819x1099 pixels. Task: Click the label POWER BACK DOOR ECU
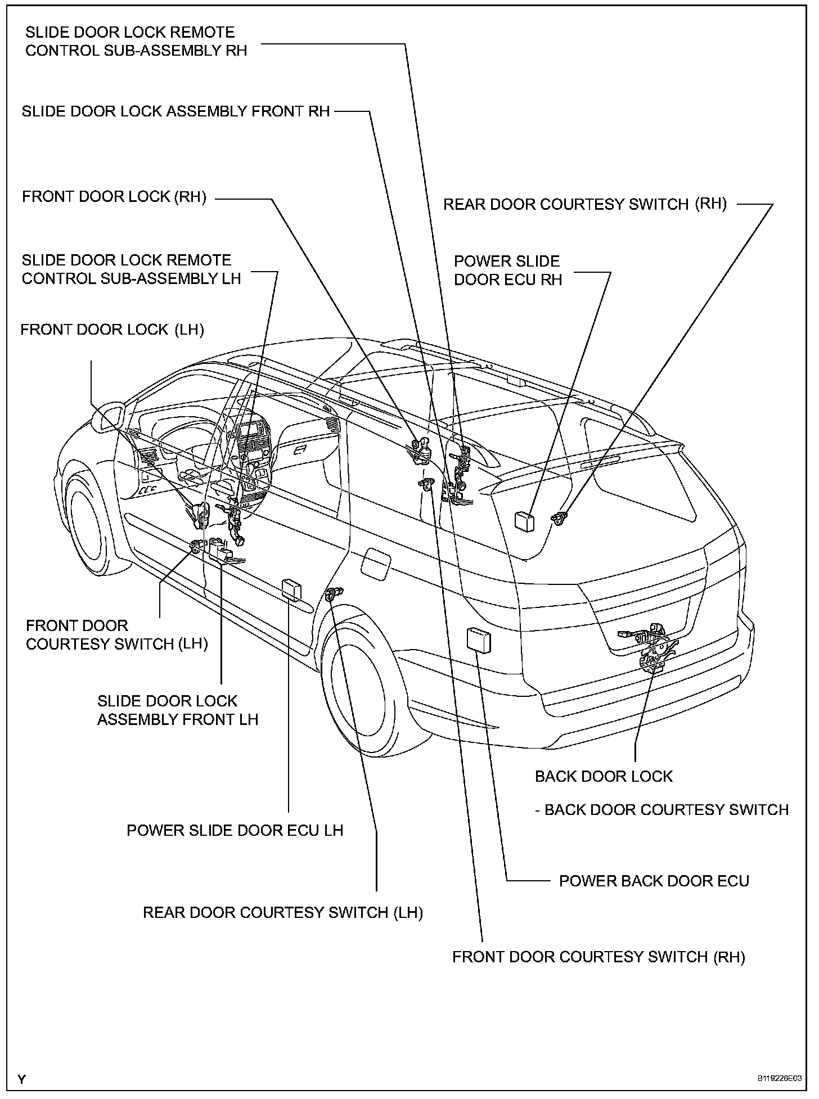point(654,881)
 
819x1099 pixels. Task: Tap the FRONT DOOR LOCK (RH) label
point(114,197)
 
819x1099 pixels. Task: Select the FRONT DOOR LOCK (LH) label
point(112,330)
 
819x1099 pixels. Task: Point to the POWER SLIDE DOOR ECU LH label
point(235,830)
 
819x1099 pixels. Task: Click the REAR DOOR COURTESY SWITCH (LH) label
point(282,912)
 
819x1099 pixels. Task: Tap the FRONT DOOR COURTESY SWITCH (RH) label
point(598,957)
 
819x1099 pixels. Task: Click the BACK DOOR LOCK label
point(604,776)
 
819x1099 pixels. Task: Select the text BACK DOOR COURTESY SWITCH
point(666,810)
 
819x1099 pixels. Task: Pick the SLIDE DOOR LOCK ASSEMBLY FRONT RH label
point(175,111)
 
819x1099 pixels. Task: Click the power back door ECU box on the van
point(479,639)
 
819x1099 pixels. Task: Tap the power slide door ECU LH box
point(291,589)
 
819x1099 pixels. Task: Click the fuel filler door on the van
point(376,562)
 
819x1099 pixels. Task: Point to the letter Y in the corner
point(21,1079)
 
